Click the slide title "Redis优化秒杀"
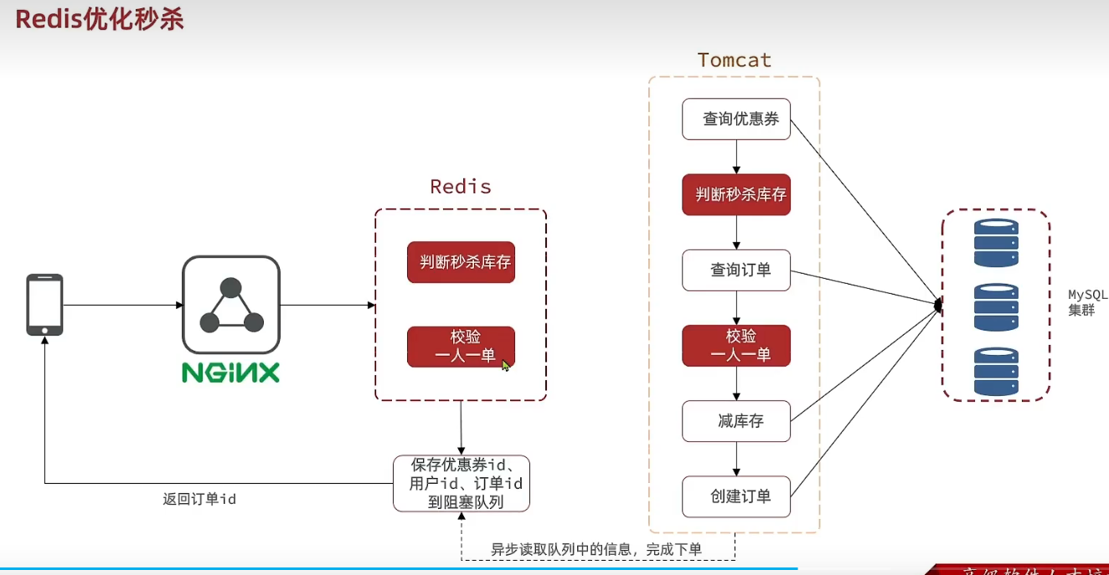(100, 20)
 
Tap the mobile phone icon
(44, 305)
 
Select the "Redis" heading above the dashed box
(460, 186)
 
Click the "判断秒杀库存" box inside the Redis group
(461, 263)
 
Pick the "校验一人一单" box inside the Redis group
(461, 347)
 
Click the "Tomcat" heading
(735, 60)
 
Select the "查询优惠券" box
(736, 119)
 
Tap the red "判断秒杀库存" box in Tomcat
(736, 195)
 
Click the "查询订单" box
(736, 270)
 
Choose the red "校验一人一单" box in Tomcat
(736, 346)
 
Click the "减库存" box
(736, 421)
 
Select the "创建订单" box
(736, 496)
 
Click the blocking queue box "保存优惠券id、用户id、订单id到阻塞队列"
(462, 483)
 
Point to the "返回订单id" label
(199, 499)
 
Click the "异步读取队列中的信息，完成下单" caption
(596, 549)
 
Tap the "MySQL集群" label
(1087, 302)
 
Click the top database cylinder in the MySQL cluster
(996, 243)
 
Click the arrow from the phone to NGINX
(122, 305)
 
